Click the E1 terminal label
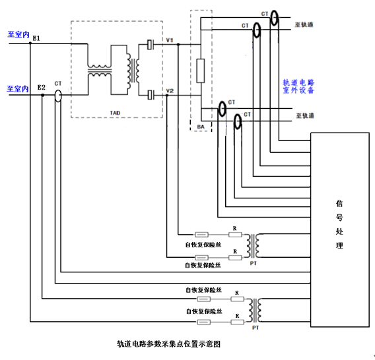tap(36, 38)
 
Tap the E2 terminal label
tap(42, 88)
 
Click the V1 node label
tap(170, 40)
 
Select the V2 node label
tap(170, 91)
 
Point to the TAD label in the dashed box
tap(115, 113)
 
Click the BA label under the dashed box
tap(201, 127)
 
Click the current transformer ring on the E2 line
tap(58, 96)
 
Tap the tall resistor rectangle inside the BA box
tap(201, 71)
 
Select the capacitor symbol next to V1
tap(150, 44)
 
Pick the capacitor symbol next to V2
tap(151, 95)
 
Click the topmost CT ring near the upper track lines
tap(274, 18)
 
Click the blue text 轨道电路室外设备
tap(298, 86)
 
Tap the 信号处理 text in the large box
tap(339, 225)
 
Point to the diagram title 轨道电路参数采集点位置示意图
tap(168, 344)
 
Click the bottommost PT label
tap(256, 328)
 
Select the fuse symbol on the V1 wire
tap(201, 235)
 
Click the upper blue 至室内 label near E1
tap(18, 34)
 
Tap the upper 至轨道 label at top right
tap(304, 24)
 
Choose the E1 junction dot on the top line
tap(30, 44)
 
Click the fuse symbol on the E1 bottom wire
tap(204, 322)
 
